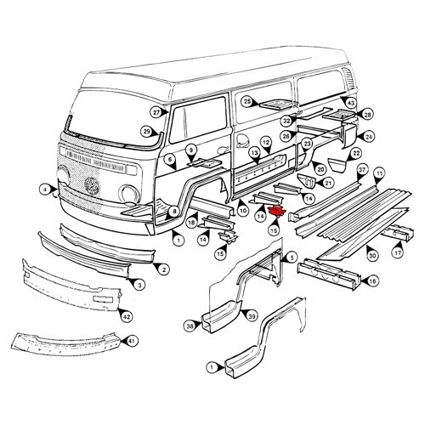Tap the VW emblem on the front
[92, 185]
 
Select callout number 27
[156, 112]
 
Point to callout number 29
[146, 131]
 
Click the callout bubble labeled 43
[351, 103]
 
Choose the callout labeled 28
[367, 114]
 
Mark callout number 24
[369, 136]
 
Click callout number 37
[361, 171]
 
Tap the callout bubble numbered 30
[372, 254]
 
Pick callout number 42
[127, 316]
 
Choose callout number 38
[189, 324]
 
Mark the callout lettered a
[44, 188]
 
